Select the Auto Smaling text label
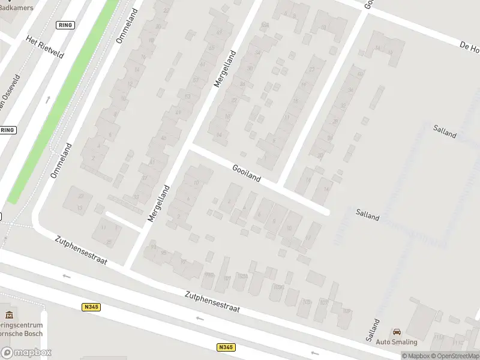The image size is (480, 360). [x=397, y=342]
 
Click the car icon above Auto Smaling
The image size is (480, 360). [x=397, y=332]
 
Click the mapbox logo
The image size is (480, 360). [x=26, y=353]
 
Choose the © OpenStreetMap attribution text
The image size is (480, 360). [x=457, y=356]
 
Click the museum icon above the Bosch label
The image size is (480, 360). [x=8, y=315]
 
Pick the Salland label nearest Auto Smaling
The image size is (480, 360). [x=373, y=330]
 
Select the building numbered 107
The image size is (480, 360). [x=324, y=302]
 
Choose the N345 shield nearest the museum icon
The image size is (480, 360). [x=91, y=307]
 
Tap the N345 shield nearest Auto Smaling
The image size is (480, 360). [x=226, y=347]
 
